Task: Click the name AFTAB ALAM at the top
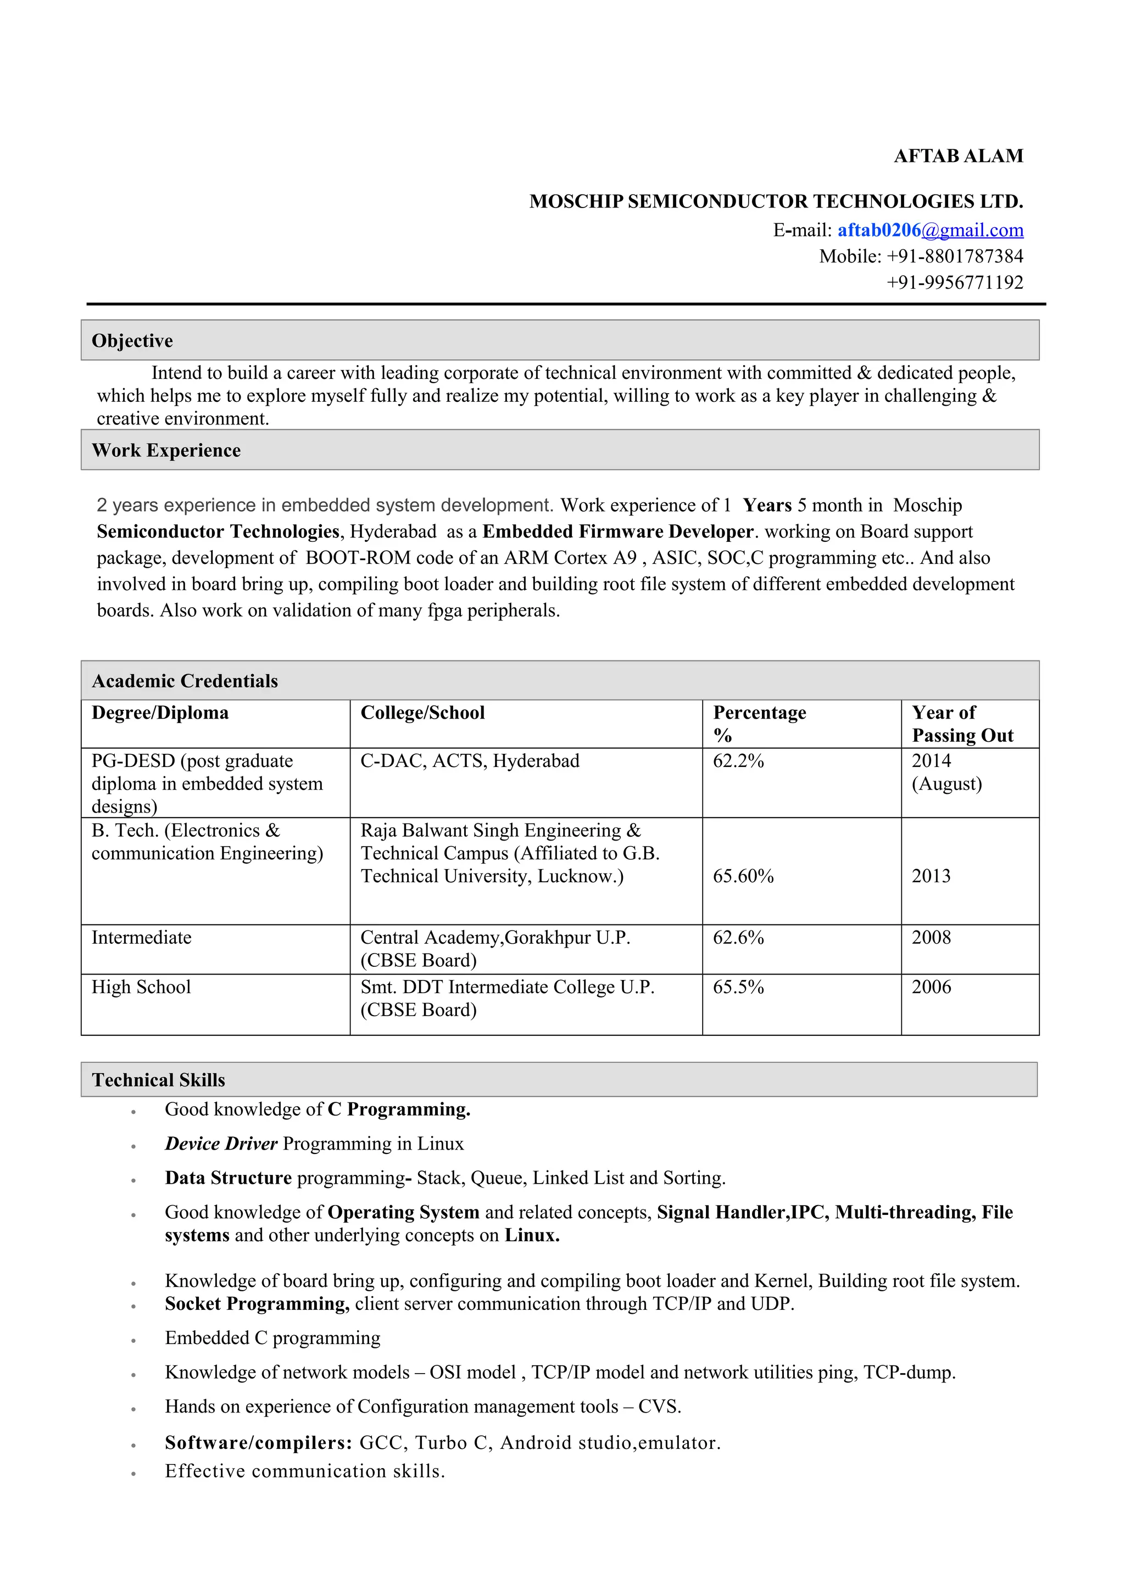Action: [958, 156]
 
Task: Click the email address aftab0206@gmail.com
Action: [930, 230]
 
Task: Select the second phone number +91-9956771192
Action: [955, 283]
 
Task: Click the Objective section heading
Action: [132, 340]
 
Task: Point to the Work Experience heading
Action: [166, 450]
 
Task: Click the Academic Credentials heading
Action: [185, 681]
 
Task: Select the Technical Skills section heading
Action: [159, 1079]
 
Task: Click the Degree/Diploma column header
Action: [160, 713]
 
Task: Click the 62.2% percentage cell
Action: [738, 761]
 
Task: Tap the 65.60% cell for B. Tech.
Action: [743, 876]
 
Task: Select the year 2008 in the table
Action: [931, 938]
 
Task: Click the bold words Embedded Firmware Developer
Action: [617, 531]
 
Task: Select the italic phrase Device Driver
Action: [221, 1144]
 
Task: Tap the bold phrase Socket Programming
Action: [257, 1303]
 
